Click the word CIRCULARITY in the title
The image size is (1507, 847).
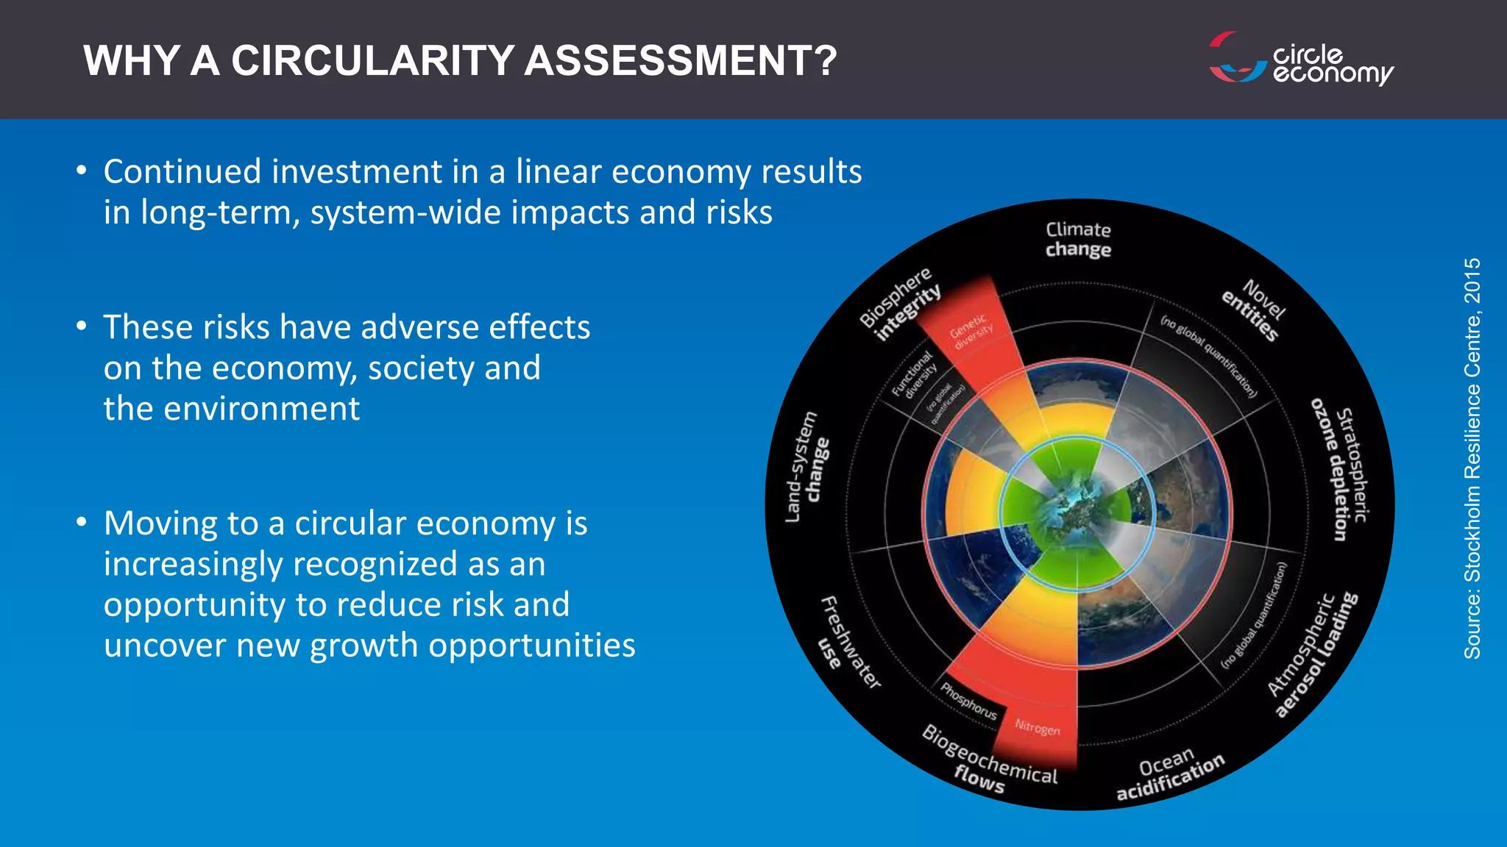[x=372, y=60]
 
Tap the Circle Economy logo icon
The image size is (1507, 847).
[x=1236, y=57]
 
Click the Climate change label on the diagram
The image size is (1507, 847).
[x=1078, y=240]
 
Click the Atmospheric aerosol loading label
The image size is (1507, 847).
[x=1313, y=654]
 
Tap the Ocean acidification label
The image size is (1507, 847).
[x=1170, y=776]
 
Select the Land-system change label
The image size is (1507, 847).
[x=807, y=468]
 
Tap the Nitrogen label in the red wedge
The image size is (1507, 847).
[x=1038, y=727]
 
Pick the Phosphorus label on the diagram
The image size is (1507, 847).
[x=969, y=701]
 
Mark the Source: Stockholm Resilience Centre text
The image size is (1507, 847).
[x=1472, y=457]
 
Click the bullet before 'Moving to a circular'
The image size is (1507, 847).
[x=82, y=523]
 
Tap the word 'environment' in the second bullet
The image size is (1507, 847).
[x=261, y=409]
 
